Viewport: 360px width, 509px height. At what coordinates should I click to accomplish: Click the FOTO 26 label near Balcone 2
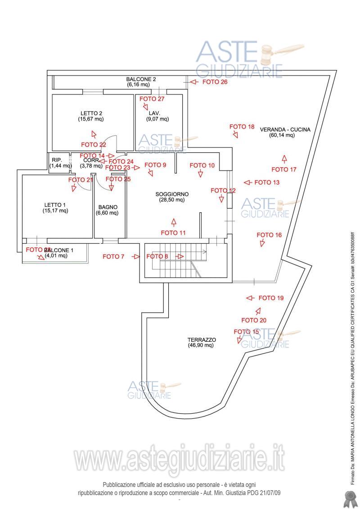215,82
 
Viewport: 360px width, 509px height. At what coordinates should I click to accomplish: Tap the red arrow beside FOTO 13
247,182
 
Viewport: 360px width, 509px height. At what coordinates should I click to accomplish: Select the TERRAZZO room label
202,340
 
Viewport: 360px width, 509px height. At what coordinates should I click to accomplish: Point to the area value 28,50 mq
172,200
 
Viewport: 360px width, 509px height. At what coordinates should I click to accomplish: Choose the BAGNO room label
108,207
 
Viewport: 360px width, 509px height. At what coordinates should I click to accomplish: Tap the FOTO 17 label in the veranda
284,169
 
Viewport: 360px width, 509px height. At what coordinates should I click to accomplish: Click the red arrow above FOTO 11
174,222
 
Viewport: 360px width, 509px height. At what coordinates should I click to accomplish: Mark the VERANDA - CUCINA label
285,129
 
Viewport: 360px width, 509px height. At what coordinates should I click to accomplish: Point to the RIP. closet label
57,160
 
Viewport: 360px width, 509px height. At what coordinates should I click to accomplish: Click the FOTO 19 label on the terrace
271,298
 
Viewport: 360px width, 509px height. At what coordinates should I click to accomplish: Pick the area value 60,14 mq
282,135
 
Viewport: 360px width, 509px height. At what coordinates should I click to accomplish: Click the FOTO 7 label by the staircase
113,257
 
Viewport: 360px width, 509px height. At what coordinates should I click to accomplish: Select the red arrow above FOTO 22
94,134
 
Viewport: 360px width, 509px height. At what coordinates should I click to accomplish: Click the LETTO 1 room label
55,205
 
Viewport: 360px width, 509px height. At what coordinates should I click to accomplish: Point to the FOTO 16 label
269,235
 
